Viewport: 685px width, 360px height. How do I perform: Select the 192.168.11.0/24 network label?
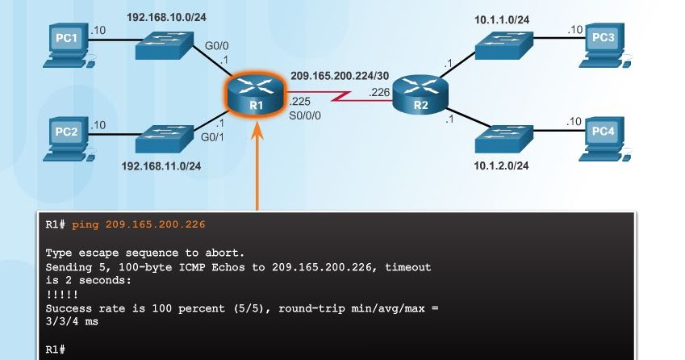point(161,166)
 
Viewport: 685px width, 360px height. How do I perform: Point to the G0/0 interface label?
point(215,46)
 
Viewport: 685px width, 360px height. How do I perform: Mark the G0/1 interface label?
point(214,137)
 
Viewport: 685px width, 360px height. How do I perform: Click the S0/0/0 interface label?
point(305,115)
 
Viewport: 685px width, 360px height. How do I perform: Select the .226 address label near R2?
point(379,92)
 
